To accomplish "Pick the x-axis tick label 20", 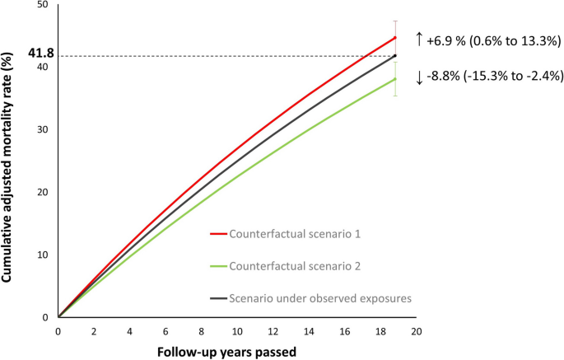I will click(x=417, y=331).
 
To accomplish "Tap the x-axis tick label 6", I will click(x=165, y=331).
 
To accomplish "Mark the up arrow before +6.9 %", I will click(x=419, y=38).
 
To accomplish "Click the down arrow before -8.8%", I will click(x=419, y=77).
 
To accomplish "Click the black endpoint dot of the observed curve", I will click(x=395, y=56).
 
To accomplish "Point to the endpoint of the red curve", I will click(x=395, y=37).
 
